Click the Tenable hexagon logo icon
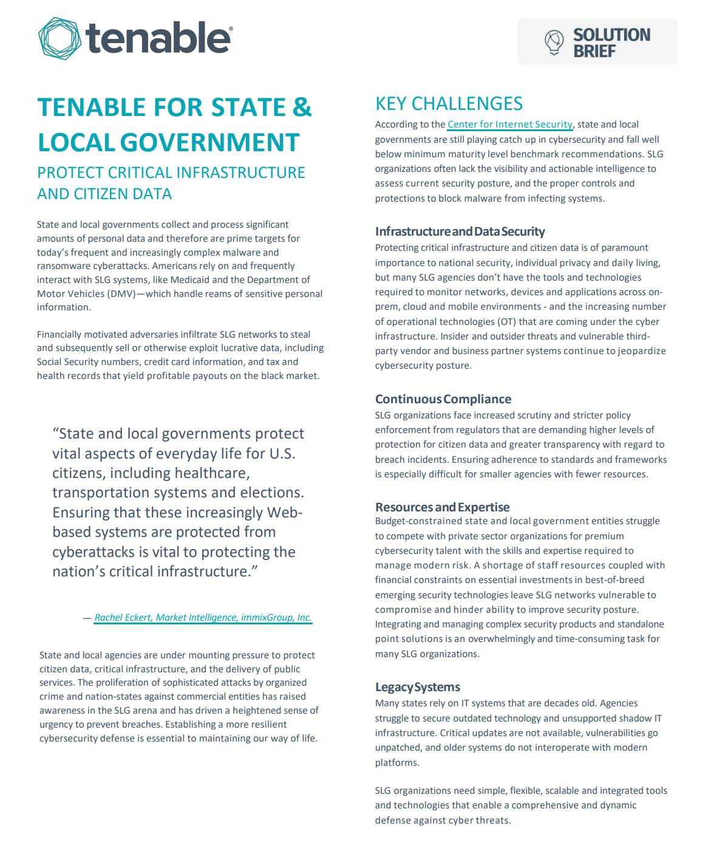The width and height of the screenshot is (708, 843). point(60,38)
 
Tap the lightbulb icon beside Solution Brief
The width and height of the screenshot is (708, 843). point(554,42)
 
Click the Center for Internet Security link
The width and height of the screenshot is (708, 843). point(509,125)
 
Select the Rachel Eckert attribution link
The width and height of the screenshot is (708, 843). point(203,618)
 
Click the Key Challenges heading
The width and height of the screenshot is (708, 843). point(449,104)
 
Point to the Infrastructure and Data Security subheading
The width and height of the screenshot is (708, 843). point(460,231)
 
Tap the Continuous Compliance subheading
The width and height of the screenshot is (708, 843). point(443,399)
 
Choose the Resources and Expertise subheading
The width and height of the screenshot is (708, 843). point(442,507)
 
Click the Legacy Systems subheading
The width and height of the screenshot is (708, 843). point(417,687)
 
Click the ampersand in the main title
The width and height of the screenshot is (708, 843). point(302,108)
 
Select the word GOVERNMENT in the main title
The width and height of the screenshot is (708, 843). point(209,143)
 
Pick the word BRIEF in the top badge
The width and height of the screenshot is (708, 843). point(594,52)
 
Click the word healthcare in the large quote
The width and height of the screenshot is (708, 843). point(212,473)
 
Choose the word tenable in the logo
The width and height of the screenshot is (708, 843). point(158,38)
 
